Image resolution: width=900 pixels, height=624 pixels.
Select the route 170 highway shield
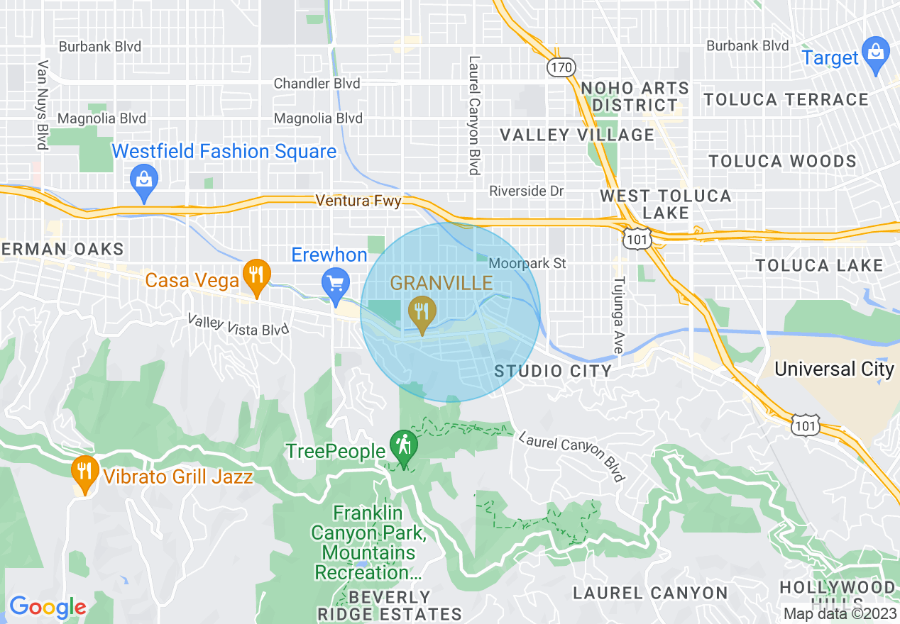click(x=561, y=67)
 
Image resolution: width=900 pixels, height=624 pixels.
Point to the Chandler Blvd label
click(x=317, y=84)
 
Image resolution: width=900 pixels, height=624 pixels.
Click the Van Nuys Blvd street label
click(x=43, y=105)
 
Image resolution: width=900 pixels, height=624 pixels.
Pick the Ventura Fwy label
click(x=359, y=201)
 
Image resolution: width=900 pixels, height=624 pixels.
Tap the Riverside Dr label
click(x=527, y=191)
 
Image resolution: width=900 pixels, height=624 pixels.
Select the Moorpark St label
click(x=527, y=263)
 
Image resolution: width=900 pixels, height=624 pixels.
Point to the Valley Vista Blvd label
click(x=238, y=325)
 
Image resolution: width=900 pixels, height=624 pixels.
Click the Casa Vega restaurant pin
click(x=255, y=277)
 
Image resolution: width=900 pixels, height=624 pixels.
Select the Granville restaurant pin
click(x=422, y=313)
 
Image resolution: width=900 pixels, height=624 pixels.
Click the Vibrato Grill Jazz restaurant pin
click(x=84, y=473)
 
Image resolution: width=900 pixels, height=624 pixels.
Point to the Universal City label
click(x=834, y=369)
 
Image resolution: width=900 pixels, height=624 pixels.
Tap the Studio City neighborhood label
click(x=553, y=371)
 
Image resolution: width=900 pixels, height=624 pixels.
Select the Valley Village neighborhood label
click(x=577, y=135)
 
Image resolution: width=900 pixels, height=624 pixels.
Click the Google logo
click(x=48, y=607)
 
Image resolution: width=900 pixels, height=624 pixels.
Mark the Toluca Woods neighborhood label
click(x=783, y=161)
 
